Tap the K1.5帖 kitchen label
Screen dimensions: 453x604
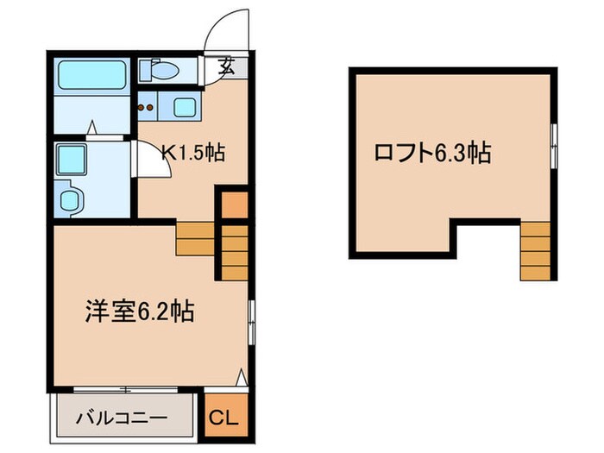pyautogui.click(x=195, y=153)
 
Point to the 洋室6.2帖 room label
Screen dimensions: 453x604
pyautogui.click(x=138, y=311)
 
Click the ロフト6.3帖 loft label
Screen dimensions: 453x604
pyautogui.click(x=432, y=154)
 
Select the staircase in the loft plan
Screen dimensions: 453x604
pyautogui.click(x=535, y=251)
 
